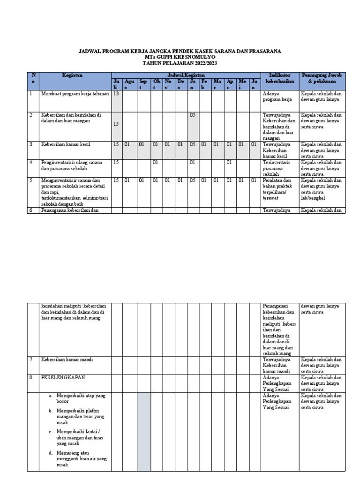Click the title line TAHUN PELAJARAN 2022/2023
180,63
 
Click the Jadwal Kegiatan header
186,75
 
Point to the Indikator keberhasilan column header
279,78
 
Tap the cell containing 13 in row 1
116,94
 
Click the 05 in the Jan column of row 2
192,115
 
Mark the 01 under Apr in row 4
229,163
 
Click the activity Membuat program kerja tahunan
75,94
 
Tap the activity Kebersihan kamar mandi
67,360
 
